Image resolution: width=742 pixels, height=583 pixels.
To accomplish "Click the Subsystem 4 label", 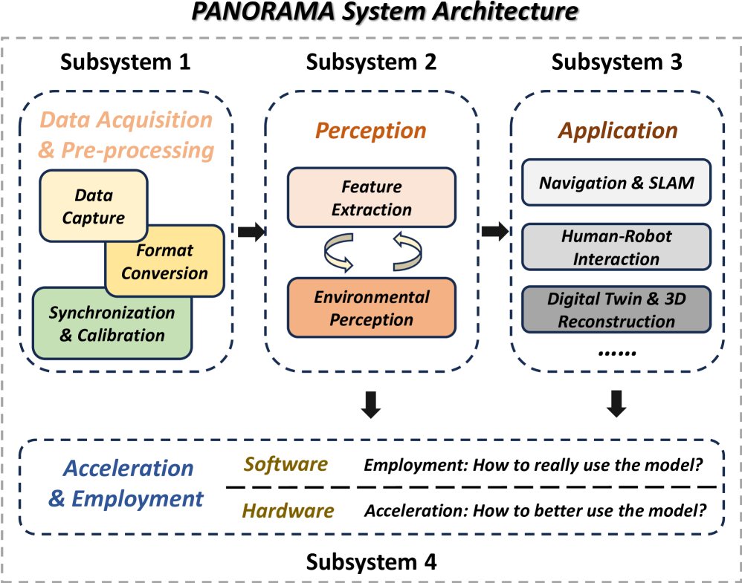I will click(371, 563).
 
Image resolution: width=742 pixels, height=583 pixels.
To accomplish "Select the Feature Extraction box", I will click(371, 198).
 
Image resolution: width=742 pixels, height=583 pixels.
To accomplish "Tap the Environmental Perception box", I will click(371, 309).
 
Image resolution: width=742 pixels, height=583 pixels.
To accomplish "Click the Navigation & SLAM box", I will click(616, 182).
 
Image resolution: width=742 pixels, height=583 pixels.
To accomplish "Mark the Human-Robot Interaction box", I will click(616, 247).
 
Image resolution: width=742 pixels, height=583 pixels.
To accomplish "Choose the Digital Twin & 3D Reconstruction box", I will click(616, 310).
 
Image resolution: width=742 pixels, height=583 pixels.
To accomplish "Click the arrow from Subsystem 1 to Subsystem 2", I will click(251, 232).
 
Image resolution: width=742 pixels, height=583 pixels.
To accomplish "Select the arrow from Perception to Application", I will click(495, 232).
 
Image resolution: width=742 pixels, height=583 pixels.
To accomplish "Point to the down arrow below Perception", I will click(372, 403).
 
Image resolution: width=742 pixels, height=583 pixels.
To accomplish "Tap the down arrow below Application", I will click(617, 403).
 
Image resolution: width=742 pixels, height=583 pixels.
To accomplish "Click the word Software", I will click(286, 465).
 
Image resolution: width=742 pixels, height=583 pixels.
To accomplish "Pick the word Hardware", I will click(288, 511).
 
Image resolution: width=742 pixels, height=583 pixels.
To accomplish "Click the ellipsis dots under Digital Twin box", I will click(617, 352).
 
